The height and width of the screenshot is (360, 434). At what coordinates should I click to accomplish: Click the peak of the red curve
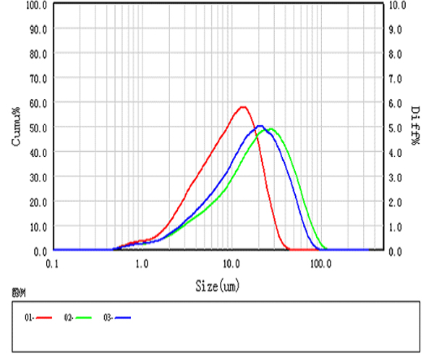click(243, 108)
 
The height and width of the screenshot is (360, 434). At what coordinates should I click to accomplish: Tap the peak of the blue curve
click(260, 127)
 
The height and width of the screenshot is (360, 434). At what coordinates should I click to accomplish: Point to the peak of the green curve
click(271, 129)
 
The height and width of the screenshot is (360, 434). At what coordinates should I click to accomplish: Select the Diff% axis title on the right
click(416, 127)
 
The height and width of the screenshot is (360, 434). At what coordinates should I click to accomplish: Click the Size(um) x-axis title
click(217, 286)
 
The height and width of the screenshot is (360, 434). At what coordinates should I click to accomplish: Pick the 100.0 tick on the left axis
click(35, 5)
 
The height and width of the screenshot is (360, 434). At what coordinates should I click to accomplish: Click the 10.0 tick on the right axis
click(398, 5)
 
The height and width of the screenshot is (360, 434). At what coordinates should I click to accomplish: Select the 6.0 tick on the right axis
click(396, 103)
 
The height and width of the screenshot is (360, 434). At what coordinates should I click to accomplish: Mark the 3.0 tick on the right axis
click(396, 176)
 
